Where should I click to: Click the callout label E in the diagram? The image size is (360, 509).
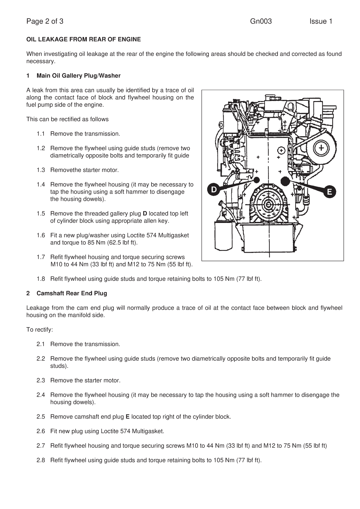tap(330, 192)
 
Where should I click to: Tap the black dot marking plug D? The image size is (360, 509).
tap(257, 180)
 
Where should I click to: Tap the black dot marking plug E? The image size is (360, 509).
tap(285, 181)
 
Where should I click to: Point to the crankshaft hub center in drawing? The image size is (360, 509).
tap(268, 204)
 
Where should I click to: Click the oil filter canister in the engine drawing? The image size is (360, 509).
tap(223, 235)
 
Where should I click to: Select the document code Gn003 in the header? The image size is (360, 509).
tap(261, 21)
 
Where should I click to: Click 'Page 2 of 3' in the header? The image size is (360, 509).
tap(45, 21)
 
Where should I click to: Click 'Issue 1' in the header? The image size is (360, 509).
tap(320, 21)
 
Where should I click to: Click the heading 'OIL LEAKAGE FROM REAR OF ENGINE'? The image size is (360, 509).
tap(83, 39)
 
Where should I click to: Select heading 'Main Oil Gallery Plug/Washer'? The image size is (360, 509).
tap(78, 76)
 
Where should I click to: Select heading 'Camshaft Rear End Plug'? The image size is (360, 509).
tap(72, 293)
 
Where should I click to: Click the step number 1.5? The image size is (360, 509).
tap(41, 214)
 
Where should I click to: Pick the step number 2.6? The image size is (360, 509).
tap(41, 431)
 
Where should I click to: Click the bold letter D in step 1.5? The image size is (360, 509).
tap(145, 214)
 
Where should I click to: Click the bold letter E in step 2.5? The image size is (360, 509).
tap(127, 417)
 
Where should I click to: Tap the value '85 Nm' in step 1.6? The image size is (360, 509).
tap(97, 243)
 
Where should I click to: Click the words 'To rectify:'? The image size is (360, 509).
tap(40, 330)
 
